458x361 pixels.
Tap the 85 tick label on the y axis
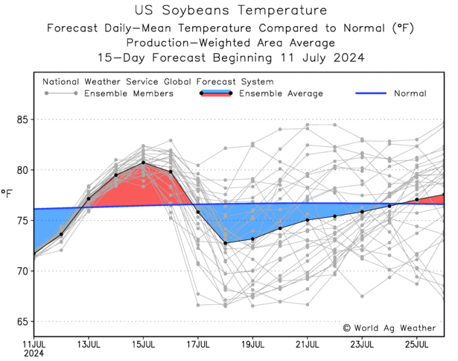click(23, 119)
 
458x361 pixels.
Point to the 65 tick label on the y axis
click(23, 321)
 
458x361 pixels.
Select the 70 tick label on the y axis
click(23, 271)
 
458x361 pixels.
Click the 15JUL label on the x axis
click(143, 345)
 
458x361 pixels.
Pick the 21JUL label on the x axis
click(308, 345)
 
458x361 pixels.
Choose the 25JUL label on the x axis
click(417, 345)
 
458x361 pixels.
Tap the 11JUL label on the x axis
click(34, 345)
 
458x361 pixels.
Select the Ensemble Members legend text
click(129, 93)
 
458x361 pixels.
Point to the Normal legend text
click(410, 93)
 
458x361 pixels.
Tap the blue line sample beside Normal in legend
click(363, 93)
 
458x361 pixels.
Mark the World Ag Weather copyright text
click(392, 327)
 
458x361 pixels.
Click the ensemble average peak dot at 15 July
click(143, 163)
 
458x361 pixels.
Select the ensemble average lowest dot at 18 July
click(225, 243)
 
